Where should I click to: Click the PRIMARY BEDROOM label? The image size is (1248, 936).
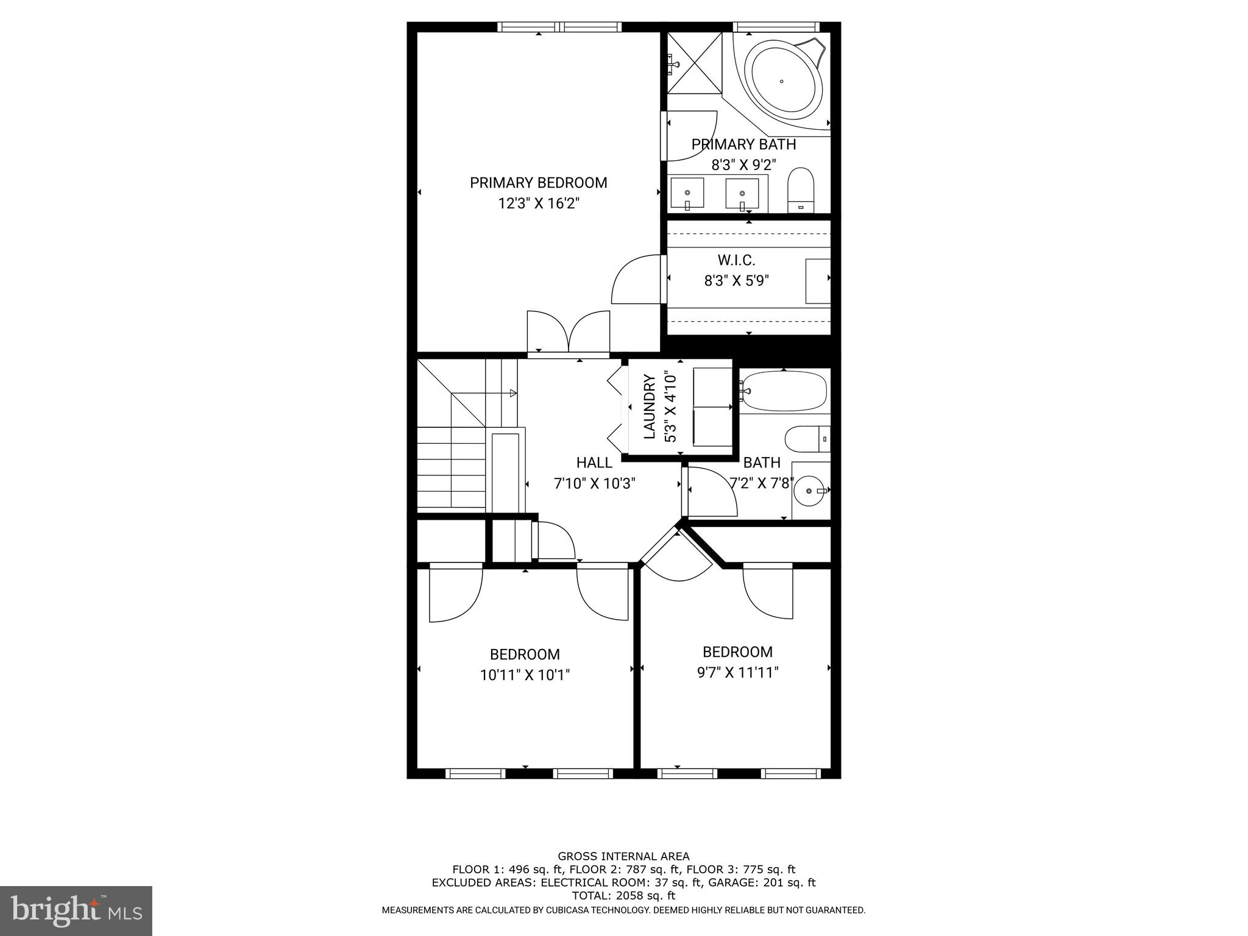click(538, 183)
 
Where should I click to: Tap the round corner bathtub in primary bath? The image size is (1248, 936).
click(781, 80)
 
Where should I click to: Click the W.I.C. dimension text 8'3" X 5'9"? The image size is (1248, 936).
click(736, 281)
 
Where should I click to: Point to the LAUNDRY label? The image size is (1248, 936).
click(650, 406)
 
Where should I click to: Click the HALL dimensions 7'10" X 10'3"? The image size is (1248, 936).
click(594, 484)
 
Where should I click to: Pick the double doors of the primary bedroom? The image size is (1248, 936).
click(568, 332)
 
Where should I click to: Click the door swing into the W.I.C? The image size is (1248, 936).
click(637, 280)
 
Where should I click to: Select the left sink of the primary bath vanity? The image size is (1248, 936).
click(687, 193)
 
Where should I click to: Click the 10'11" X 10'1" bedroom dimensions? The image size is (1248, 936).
click(525, 675)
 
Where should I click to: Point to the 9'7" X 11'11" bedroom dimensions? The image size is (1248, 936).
click(737, 673)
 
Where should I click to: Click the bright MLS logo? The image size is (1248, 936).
click(76, 910)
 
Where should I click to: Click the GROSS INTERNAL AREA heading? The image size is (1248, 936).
click(623, 856)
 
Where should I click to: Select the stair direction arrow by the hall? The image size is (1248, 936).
click(512, 393)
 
